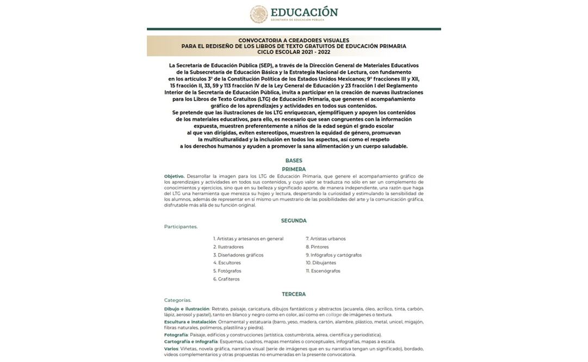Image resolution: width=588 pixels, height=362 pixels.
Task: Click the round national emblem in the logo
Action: [259, 14]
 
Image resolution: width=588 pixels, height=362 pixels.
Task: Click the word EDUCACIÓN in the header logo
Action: [304, 12]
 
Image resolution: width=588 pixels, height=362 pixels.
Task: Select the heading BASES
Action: [294, 160]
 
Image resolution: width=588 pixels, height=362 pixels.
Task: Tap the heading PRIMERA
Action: [294, 169]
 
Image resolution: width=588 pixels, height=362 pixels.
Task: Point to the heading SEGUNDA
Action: [294, 221]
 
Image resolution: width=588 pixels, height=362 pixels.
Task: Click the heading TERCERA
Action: [294, 294]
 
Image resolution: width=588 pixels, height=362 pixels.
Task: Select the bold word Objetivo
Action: [174, 176]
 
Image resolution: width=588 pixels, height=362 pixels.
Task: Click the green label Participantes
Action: [181, 227]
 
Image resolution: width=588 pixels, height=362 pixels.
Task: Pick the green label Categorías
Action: [178, 300]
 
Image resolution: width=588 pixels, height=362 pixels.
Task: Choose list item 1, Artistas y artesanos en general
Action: [249, 239]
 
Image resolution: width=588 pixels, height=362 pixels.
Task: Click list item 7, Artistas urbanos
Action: [326, 239]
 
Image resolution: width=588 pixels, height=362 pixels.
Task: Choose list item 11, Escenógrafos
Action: [323, 271]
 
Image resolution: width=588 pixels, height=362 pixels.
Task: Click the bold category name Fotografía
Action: [176, 335]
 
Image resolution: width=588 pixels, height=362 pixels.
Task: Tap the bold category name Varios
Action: [171, 348]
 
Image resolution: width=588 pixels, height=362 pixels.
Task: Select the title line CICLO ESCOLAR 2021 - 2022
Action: [294, 52]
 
